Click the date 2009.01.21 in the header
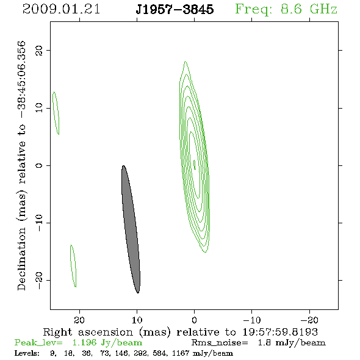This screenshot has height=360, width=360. click(61, 9)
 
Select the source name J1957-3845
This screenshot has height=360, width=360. click(175, 9)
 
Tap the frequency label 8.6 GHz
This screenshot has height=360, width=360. click(309, 9)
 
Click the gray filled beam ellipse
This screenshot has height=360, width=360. click(131, 229)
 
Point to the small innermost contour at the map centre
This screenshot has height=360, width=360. click(195, 165)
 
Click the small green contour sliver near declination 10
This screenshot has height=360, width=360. click(56, 113)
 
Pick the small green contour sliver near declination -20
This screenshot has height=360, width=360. click(73, 266)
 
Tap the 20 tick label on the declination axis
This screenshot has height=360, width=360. click(39, 50)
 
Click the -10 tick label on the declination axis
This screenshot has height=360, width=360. click(39, 223)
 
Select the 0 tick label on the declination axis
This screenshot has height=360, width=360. click(39, 165)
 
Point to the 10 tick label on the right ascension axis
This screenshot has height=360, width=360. click(137, 320)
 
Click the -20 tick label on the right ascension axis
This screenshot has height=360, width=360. click(309, 320)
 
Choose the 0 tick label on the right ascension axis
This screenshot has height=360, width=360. click(194, 320)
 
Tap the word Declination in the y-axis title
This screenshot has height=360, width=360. click(21, 259)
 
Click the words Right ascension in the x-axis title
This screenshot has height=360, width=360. click(88, 332)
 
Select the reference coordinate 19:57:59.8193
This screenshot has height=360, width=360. click(280, 332)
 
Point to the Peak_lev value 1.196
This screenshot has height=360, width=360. click(84, 342)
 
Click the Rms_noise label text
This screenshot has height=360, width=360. click(220, 343)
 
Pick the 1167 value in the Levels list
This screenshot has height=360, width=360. click(181, 353)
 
